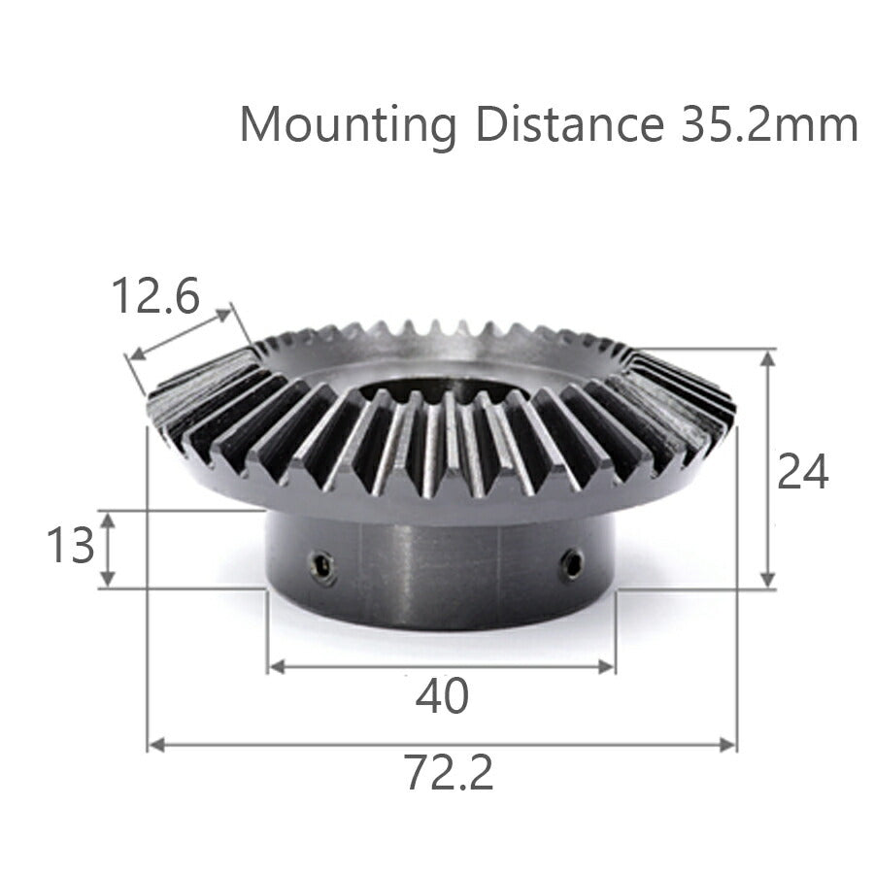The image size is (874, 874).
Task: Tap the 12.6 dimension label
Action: [x=155, y=295]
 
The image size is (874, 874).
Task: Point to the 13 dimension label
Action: [x=71, y=546]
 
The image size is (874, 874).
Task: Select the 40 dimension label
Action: [x=442, y=696]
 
